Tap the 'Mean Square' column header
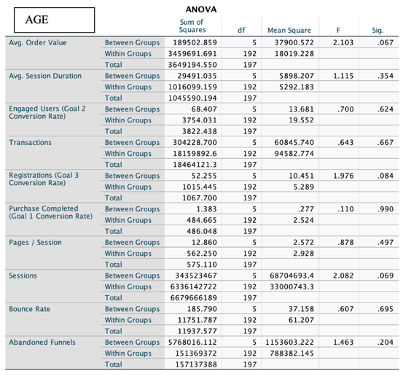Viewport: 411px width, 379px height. (x=289, y=31)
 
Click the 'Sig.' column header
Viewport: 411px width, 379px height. (x=377, y=31)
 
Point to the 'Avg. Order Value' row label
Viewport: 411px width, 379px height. (x=37, y=42)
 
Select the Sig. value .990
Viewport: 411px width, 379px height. (x=375, y=209)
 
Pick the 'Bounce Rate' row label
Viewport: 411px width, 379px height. (x=29, y=309)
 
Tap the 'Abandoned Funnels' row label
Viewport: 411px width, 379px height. (x=41, y=342)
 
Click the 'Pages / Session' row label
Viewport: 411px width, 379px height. (x=35, y=242)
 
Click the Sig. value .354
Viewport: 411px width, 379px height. (x=375, y=76)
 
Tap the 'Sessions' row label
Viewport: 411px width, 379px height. (x=23, y=276)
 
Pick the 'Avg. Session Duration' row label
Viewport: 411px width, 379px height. (x=45, y=76)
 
